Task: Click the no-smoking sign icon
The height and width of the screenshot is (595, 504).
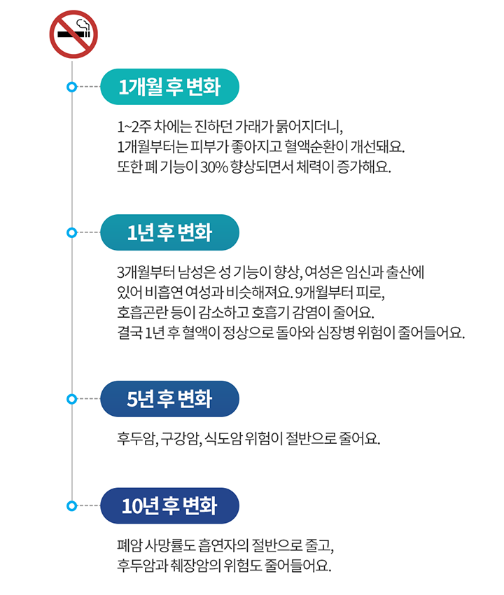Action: point(73,34)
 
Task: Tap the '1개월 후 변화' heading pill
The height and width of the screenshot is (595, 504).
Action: point(169,87)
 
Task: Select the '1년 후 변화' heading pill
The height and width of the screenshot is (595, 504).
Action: point(169,232)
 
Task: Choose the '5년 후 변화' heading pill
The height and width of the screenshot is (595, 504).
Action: point(169,399)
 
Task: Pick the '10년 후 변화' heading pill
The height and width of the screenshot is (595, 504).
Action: point(169,506)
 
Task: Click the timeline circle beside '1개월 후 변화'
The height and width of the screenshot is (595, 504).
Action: point(71,87)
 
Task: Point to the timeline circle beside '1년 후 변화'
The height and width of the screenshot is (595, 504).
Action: point(71,232)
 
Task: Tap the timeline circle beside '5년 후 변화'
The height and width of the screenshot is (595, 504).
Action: point(71,399)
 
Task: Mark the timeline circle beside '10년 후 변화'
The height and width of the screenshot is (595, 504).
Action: point(71,506)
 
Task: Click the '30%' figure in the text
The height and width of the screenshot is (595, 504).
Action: point(214,167)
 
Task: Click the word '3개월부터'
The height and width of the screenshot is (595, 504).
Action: point(146,272)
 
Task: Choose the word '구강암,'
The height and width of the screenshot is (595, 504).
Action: point(181,439)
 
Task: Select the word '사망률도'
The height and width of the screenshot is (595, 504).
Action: point(170,546)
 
